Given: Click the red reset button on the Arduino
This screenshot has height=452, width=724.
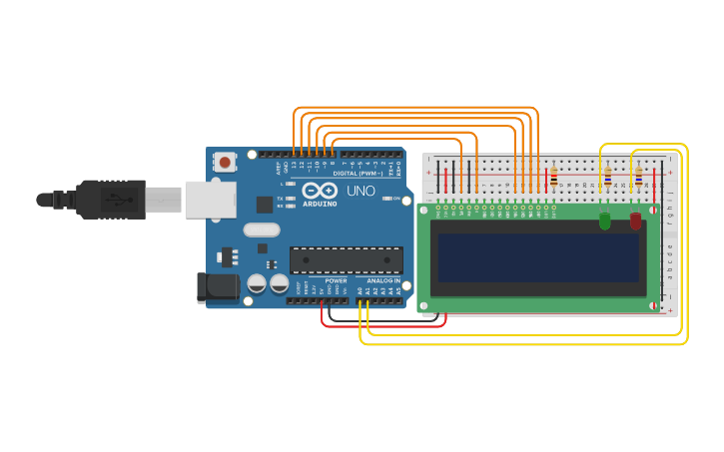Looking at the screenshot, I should (225, 162).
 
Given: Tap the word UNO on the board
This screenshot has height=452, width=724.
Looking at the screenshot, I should (361, 191).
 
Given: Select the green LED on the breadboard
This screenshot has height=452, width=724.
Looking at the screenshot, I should (604, 221).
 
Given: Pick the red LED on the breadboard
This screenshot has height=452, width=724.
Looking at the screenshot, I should (635, 221).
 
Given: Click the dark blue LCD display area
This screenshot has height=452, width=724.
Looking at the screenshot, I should (537, 257).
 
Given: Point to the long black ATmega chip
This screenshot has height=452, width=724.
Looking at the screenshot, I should (346, 259).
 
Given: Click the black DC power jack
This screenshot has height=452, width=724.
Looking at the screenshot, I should (218, 287).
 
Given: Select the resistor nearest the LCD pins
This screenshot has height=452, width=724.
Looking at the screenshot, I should (554, 179).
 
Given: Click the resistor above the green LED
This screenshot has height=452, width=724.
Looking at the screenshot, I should (607, 178).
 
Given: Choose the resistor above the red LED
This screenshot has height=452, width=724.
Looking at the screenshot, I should (638, 178).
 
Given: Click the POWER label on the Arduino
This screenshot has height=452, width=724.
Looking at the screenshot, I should (336, 281).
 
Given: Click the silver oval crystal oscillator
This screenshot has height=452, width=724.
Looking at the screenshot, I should (262, 229).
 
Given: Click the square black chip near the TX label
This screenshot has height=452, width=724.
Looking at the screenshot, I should (265, 204).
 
